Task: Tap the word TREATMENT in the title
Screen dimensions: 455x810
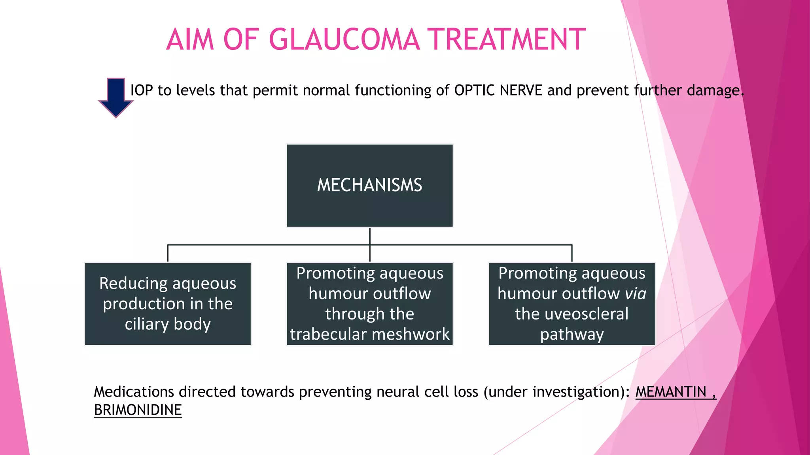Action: pyautogui.click(x=508, y=39)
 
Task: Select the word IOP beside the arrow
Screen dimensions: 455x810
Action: pyautogui.click(x=142, y=90)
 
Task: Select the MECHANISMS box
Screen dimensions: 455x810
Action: pyautogui.click(x=369, y=186)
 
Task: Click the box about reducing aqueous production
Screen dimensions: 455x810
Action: pyautogui.click(x=168, y=304)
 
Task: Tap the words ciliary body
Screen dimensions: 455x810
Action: pyautogui.click(x=168, y=324)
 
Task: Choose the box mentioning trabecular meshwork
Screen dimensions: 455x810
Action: pyautogui.click(x=369, y=304)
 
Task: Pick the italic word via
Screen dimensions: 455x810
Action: pyautogui.click(x=635, y=293)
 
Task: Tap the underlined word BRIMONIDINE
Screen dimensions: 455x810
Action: pyautogui.click(x=138, y=410)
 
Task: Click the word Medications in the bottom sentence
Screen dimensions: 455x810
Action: pyautogui.click(x=134, y=392)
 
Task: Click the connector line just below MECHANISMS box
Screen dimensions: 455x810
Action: pyautogui.click(x=370, y=236)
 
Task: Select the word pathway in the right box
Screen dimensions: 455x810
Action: pyautogui.click(x=572, y=335)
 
